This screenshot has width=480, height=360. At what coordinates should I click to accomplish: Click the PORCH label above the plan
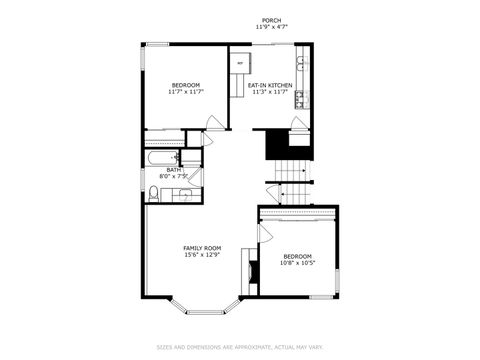[x=270, y=20]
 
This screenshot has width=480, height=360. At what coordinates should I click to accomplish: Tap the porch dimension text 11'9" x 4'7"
[x=270, y=27]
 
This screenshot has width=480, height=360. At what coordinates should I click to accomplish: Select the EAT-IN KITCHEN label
[x=270, y=85]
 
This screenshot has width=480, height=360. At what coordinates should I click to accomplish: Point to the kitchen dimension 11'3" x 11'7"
[x=270, y=92]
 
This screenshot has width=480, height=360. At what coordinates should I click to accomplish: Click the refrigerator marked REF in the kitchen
[x=240, y=64]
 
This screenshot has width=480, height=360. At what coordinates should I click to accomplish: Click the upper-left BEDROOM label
[x=186, y=85]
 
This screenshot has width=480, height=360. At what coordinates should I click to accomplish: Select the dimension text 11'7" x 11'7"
[x=186, y=92]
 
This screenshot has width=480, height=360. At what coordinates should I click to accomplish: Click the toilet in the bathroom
[x=155, y=193]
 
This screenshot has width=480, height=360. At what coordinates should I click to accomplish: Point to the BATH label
[x=174, y=170]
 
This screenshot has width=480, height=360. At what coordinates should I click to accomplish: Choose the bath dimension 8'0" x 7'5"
[x=174, y=177]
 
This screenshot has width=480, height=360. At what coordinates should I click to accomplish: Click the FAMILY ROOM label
[x=202, y=248]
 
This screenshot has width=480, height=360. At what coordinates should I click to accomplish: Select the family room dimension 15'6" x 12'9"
[x=202, y=255]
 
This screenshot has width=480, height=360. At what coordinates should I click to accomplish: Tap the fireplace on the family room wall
[x=255, y=271]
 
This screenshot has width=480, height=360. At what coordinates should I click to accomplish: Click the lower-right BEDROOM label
[x=297, y=256]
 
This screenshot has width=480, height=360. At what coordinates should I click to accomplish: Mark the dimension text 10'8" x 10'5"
[x=297, y=263]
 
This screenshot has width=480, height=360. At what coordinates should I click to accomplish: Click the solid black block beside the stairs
[x=277, y=146]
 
